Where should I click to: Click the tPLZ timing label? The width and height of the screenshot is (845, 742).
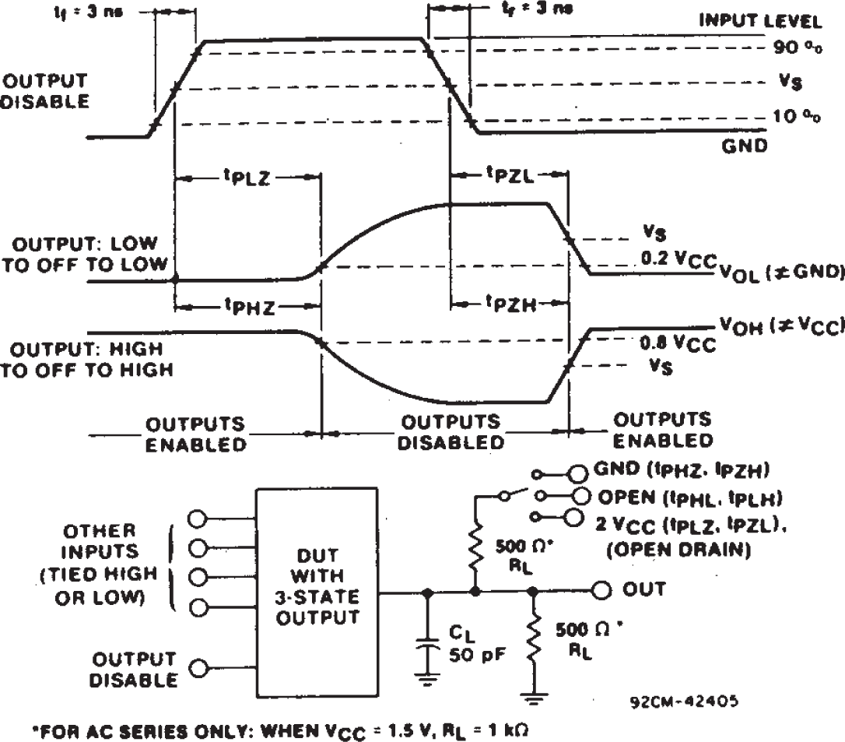click(x=247, y=178)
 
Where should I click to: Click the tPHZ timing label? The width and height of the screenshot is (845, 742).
click(x=247, y=307)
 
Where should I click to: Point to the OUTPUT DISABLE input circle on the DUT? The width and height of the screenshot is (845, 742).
click(x=199, y=668)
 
